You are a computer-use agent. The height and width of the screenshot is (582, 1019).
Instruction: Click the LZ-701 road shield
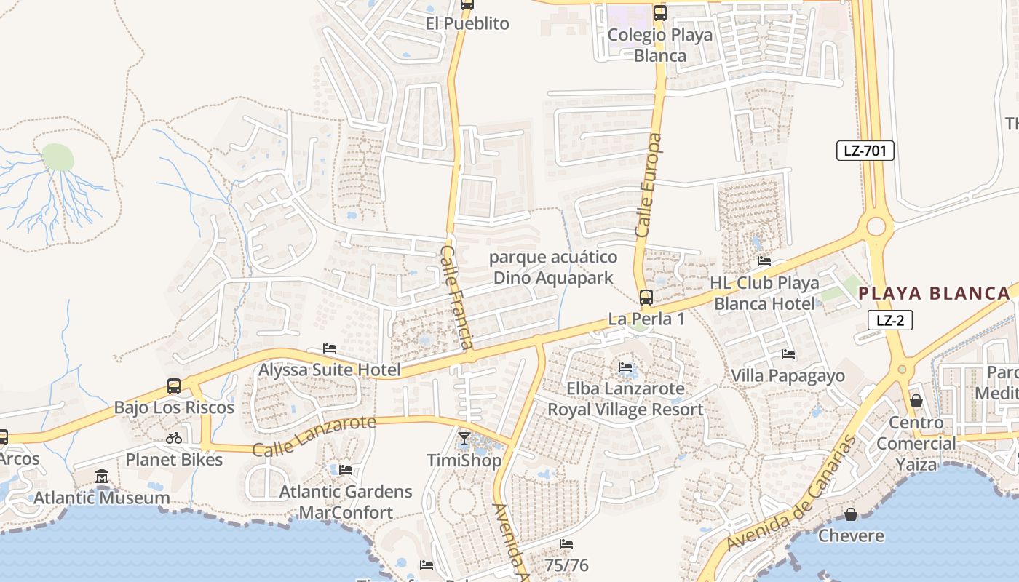click(x=865, y=151)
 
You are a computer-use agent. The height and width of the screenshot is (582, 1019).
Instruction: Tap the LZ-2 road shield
click(x=889, y=320)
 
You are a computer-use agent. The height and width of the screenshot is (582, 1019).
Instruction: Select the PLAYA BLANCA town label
click(x=935, y=293)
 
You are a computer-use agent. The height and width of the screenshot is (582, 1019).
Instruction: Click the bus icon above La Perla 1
click(x=646, y=297)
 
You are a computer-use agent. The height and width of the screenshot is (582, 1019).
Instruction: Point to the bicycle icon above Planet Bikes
click(x=174, y=438)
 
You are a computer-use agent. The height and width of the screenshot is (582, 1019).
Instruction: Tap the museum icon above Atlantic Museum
click(x=102, y=477)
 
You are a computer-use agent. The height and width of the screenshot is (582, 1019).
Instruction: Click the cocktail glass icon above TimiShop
click(x=464, y=439)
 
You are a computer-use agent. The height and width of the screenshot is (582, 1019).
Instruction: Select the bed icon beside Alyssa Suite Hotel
click(x=330, y=349)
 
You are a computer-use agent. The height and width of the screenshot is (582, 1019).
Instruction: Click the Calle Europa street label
click(x=649, y=185)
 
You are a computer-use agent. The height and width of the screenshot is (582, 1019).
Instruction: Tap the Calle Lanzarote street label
click(x=314, y=436)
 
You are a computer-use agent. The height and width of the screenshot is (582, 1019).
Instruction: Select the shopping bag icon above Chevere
click(x=850, y=515)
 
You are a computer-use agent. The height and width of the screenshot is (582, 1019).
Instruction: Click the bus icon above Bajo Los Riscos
click(x=174, y=386)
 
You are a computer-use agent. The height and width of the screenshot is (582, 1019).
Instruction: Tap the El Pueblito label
click(x=467, y=23)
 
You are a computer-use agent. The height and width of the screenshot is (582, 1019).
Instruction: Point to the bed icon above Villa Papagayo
click(x=788, y=355)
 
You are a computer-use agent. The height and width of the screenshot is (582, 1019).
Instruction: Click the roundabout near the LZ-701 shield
click(x=876, y=226)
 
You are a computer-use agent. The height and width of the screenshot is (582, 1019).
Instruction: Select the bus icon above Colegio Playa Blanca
click(x=660, y=12)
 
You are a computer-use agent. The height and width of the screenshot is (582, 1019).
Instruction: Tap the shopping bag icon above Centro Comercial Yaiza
click(x=916, y=401)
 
